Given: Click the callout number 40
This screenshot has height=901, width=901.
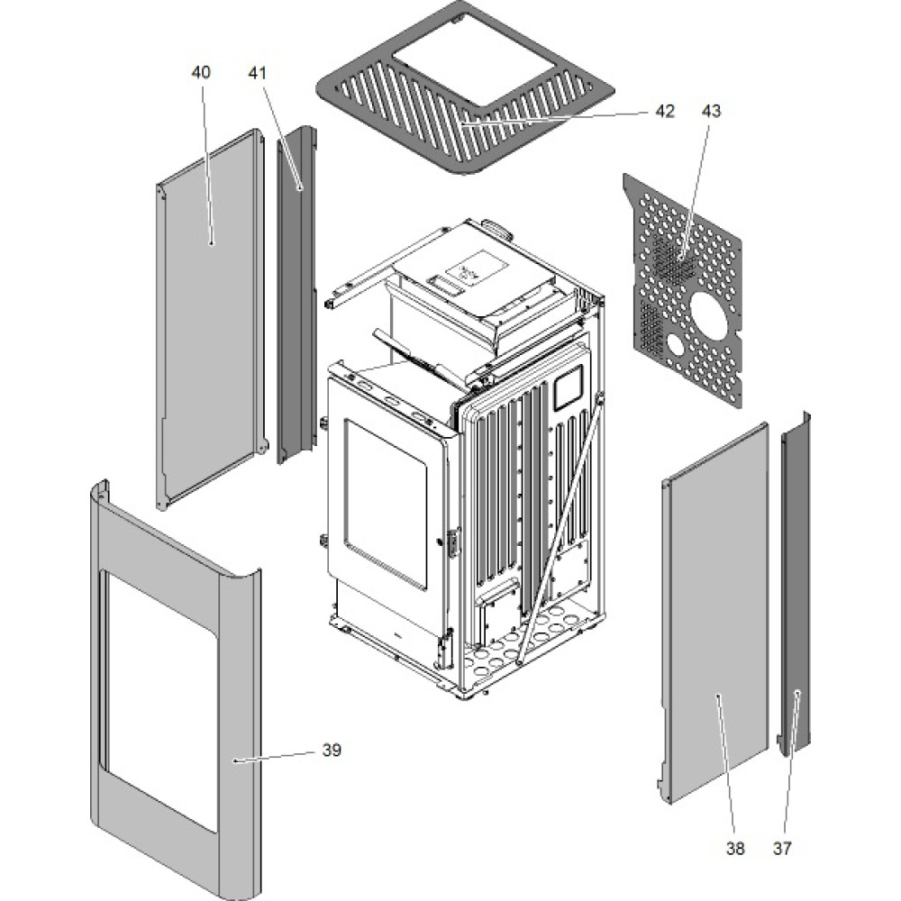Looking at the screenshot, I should [x=201, y=73].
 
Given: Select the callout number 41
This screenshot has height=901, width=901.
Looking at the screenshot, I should [x=258, y=73].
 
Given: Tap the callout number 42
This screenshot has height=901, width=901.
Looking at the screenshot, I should [x=664, y=111].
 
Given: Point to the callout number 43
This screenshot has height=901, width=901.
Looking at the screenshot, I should [x=711, y=111].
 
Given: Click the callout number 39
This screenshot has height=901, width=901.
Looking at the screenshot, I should [x=332, y=750].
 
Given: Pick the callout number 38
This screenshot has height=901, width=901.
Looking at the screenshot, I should [x=735, y=848].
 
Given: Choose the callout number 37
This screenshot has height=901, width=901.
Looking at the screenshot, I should [x=783, y=848].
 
